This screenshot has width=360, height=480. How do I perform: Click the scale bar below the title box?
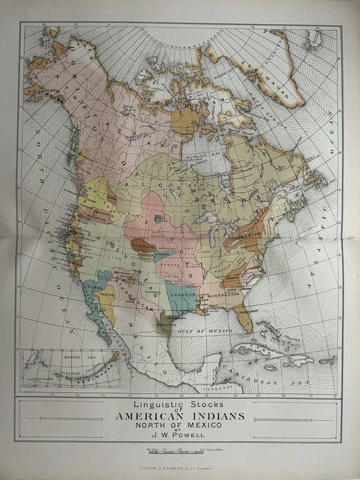pos(178,453)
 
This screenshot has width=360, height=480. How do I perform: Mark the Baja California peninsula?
pos(96,315)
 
